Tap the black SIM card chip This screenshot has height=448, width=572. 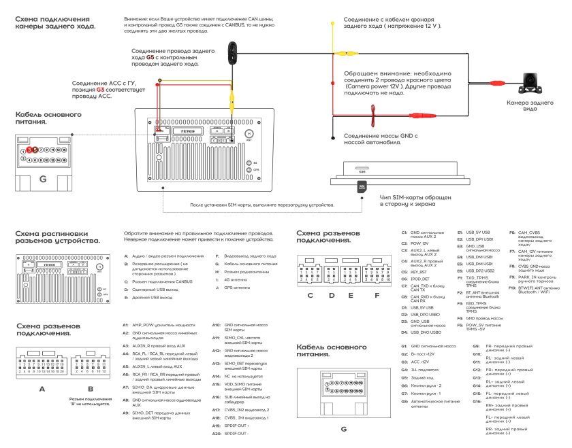362,185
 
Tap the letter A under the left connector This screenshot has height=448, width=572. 42,388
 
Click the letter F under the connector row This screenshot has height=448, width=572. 377,295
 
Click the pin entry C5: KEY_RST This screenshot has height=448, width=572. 418,271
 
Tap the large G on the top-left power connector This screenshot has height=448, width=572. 42,179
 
